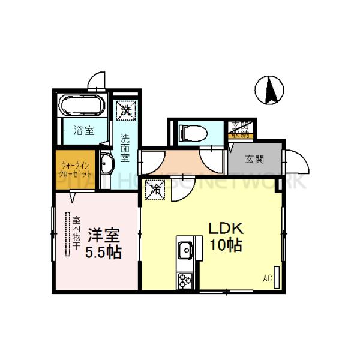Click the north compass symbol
268,91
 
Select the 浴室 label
83,130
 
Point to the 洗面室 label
125,147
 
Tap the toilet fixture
191,132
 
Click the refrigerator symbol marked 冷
154,190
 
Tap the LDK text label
225,229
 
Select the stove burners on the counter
184,280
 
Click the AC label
267,278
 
